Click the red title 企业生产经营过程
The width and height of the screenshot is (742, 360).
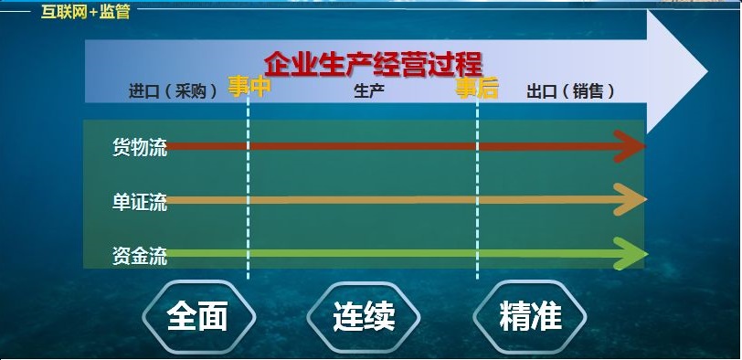click(373, 64)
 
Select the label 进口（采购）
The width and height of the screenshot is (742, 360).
click(173, 91)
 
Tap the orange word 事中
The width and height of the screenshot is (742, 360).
click(249, 87)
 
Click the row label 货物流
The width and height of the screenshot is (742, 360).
click(139, 148)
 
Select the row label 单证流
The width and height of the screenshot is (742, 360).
click(139, 202)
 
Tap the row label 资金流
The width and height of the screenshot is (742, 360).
click(139, 256)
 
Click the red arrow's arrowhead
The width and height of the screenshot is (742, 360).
click(631, 146)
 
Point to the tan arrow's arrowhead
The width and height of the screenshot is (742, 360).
click(631, 200)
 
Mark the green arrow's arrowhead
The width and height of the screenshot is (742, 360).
click(631, 254)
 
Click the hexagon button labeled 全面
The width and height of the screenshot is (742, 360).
click(196, 316)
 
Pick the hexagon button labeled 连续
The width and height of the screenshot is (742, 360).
click(363, 316)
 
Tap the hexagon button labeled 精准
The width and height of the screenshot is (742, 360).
click(530, 316)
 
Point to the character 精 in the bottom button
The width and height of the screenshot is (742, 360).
click(514, 316)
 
